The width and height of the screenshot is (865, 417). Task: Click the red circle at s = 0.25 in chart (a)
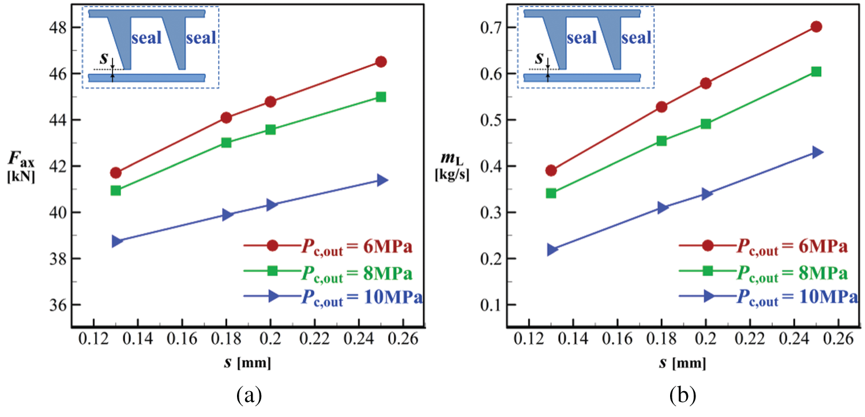[381, 62]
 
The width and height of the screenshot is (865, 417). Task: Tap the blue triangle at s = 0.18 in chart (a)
[226, 215]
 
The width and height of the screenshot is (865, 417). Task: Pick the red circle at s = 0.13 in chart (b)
[551, 170]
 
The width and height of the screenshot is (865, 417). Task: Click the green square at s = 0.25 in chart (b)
[816, 72]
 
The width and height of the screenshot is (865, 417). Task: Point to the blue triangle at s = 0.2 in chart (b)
[706, 194]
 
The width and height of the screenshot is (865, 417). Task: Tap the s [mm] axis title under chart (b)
[684, 364]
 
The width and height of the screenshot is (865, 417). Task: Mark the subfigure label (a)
[249, 395]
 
